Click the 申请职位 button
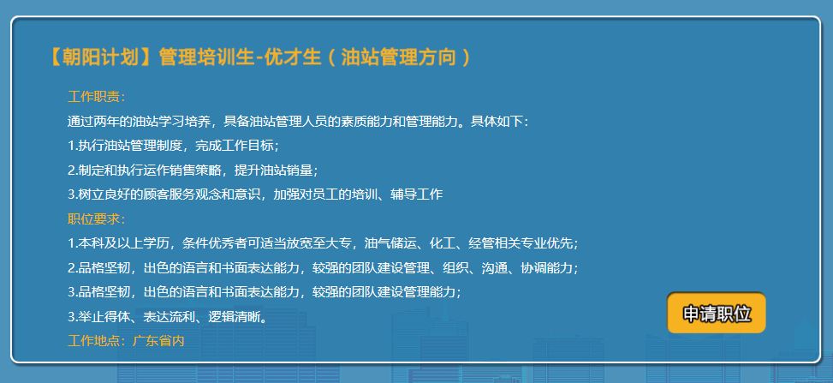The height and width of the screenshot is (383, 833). click(716, 314)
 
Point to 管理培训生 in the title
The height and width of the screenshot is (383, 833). click(206, 57)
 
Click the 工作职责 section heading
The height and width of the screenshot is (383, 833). click(93, 97)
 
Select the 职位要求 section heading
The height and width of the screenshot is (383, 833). click(93, 218)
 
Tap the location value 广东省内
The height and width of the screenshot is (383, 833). click(158, 340)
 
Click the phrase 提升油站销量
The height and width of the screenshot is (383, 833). click(274, 171)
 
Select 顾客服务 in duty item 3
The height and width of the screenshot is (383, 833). click(170, 194)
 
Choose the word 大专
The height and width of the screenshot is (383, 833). click(338, 243)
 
